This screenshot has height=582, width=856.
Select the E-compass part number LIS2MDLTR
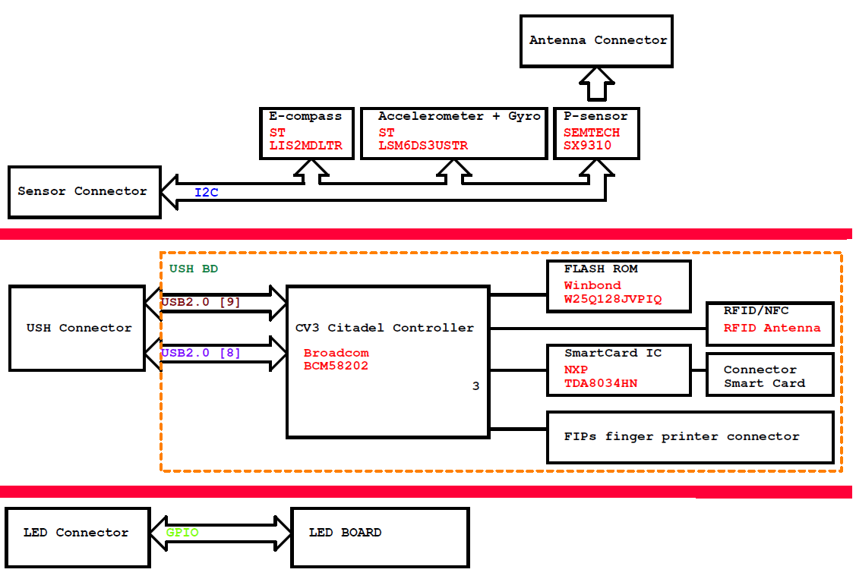point(305,146)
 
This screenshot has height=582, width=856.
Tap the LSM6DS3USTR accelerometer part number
point(423,146)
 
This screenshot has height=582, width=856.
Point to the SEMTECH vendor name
point(591,132)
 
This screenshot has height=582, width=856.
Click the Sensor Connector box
point(83,191)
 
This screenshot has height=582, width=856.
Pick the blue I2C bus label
point(206,193)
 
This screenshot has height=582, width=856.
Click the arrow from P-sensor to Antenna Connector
point(597,84)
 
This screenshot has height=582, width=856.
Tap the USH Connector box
point(77,328)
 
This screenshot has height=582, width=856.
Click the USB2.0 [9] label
point(201,302)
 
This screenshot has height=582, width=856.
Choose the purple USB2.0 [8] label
point(201,353)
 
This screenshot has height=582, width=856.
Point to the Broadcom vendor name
point(336,353)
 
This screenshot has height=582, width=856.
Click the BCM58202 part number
point(336,365)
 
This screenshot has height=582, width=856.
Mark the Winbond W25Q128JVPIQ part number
point(612,299)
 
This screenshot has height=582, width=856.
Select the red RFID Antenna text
point(772,328)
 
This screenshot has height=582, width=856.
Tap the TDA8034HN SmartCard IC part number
point(600,383)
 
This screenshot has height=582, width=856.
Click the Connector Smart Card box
point(769,376)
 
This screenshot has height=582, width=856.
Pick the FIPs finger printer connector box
point(690,436)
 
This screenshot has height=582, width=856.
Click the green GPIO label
point(182,533)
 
